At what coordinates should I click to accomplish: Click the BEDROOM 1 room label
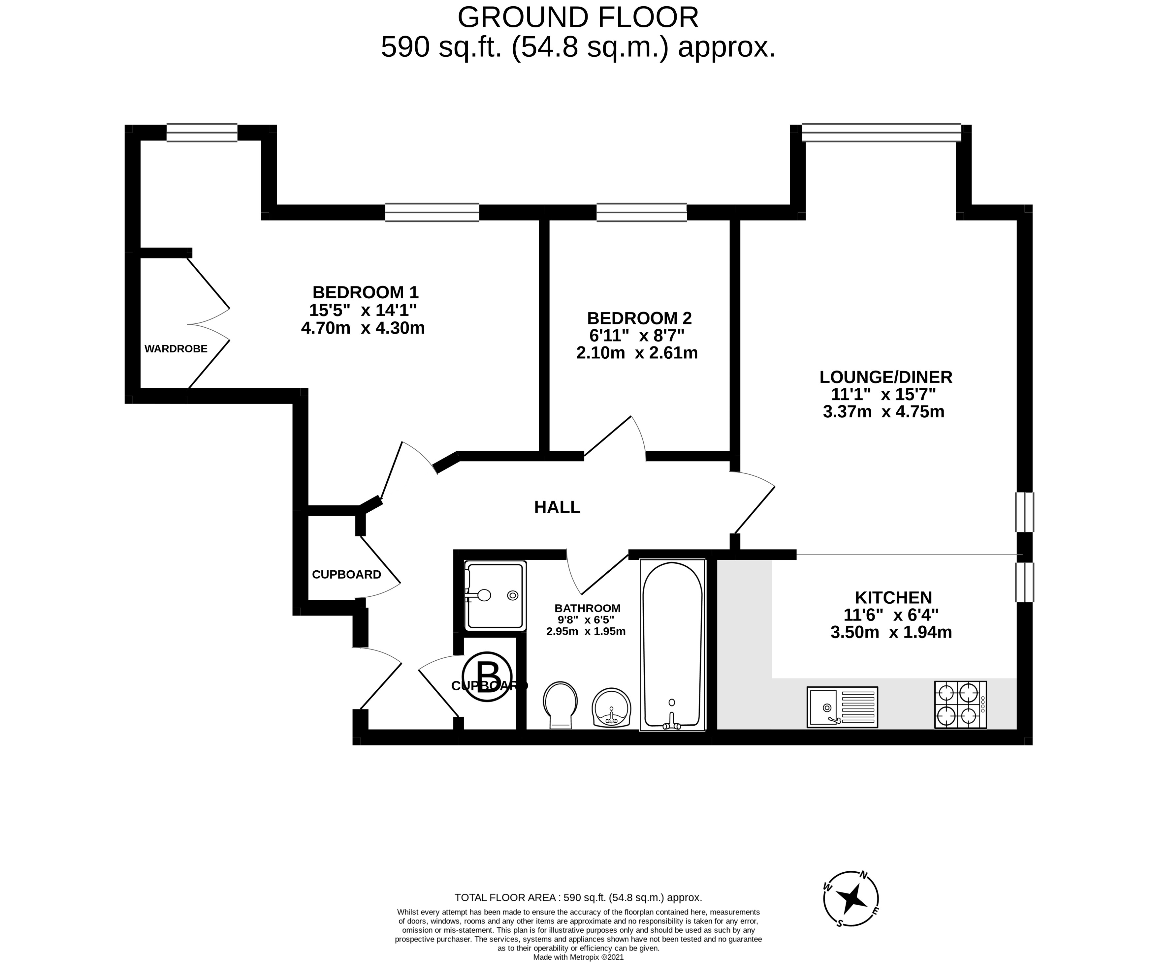tap(365, 292)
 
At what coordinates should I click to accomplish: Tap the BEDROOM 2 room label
tap(639, 318)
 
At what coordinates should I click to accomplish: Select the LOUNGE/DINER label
tap(886, 377)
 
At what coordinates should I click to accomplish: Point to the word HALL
tap(557, 507)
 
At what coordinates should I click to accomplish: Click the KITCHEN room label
tap(893, 597)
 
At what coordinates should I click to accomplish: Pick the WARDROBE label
tap(176, 348)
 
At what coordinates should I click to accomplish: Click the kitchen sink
tap(842, 707)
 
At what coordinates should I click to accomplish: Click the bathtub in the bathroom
tap(672, 646)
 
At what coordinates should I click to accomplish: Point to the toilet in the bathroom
tap(560, 706)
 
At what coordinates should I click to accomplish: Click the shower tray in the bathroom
tap(495, 595)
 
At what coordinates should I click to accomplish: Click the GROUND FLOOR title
tap(578, 17)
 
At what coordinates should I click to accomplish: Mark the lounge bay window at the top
tap(881, 133)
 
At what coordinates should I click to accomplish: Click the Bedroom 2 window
tap(642, 213)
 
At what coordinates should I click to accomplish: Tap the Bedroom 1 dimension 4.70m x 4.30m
tap(363, 328)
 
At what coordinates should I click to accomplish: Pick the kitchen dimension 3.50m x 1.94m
tap(891, 632)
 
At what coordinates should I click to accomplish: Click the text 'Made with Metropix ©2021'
tap(578, 958)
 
